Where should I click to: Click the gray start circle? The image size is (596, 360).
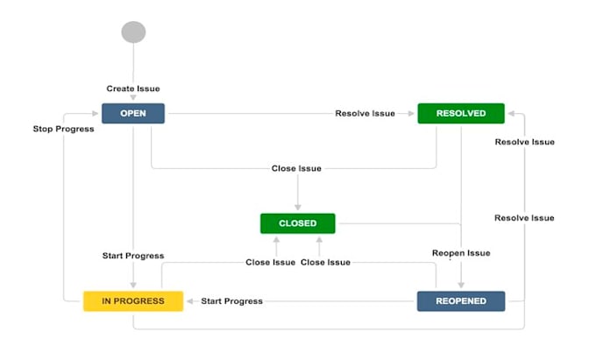point(133,32)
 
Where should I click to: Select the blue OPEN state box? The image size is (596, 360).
point(133,113)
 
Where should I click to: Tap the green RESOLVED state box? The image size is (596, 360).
point(460,113)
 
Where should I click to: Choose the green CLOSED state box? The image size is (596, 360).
point(297,223)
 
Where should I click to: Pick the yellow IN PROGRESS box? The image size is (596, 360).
point(133,301)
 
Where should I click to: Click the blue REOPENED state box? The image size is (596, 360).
point(460,301)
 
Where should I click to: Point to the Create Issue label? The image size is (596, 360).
point(133,88)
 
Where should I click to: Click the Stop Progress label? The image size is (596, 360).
point(63,129)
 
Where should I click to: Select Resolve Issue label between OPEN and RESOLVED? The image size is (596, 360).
point(365,113)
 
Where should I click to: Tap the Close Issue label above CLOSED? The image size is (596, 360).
point(297,168)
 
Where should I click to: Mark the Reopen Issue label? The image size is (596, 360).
point(461,253)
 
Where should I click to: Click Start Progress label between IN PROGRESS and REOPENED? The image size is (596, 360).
point(231,301)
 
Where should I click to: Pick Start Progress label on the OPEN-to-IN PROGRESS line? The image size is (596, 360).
point(133,256)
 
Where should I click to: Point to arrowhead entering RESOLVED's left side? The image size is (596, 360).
point(412,113)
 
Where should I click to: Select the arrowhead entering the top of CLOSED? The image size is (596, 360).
point(297,208)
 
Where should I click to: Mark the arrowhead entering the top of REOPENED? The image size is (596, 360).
point(461,286)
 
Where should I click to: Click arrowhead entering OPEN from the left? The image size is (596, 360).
point(96,113)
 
